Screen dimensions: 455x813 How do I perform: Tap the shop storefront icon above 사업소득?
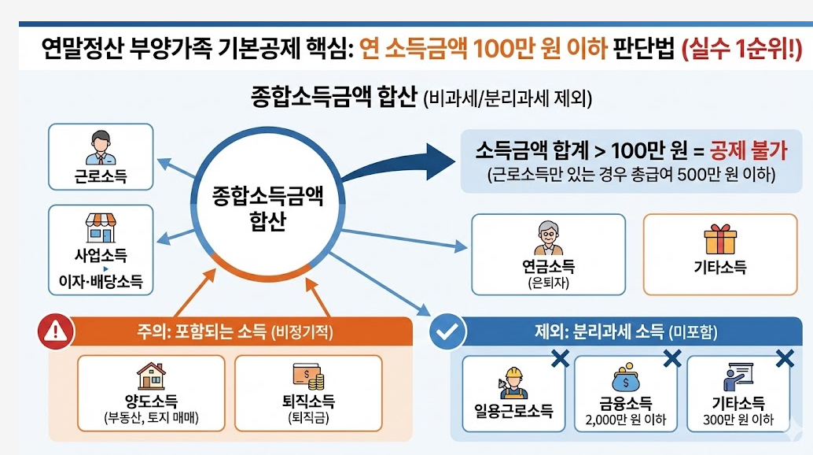click(x=100, y=227)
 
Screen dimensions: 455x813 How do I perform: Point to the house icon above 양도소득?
click(x=151, y=376)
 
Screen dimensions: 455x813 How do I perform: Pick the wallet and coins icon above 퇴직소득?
click(x=308, y=376)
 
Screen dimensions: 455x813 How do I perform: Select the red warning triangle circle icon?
click(x=54, y=331)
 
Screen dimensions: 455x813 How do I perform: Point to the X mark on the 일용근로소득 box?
click(x=560, y=359)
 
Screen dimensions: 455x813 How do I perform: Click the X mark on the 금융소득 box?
click(x=672, y=359)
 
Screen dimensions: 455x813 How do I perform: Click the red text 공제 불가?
click(x=749, y=150)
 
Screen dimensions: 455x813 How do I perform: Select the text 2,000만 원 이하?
click(x=627, y=420)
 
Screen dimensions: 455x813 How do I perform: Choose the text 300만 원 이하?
click(x=738, y=420)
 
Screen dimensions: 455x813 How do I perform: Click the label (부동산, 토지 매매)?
click(x=151, y=418)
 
